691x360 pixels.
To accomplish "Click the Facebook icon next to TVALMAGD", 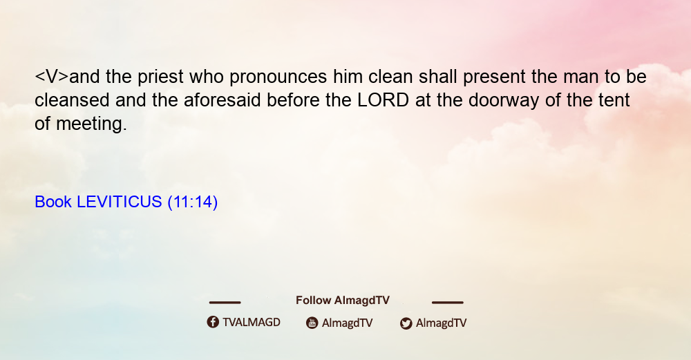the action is click(x=213, y=322).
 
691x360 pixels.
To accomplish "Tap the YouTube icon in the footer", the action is click(x=312, y=323).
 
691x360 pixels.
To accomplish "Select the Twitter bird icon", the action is click(x=406, y=323).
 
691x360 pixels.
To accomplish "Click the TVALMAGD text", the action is click(x=252, y=322).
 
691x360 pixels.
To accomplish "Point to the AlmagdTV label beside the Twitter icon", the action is click(x=441, y=323).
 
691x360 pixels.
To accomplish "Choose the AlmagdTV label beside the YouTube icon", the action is click(x=348, y=323).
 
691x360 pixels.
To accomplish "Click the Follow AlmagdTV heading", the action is click(x=343, y=300).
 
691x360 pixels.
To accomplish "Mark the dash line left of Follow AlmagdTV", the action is click(x=225, y=302).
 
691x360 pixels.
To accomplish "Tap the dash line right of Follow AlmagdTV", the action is click(x=448, y=302).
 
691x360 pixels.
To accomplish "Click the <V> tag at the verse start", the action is click(x=52, y=77).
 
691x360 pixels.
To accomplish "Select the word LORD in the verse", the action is click(x=383, y=100).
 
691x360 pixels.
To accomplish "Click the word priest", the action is click(x=160, y=77).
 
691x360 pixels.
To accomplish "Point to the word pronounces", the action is click(x=278, y=77).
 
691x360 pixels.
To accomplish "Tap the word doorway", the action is click(x=504, y=101).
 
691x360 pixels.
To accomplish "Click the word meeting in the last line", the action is click(x=91, y=124).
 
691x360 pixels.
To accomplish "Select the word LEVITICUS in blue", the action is click(x=120, y=202).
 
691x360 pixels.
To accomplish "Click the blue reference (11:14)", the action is click(x=193, y=202).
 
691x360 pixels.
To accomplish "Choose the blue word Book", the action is click(x=53, y=202).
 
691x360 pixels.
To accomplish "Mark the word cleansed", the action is click(x=72, y=100).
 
